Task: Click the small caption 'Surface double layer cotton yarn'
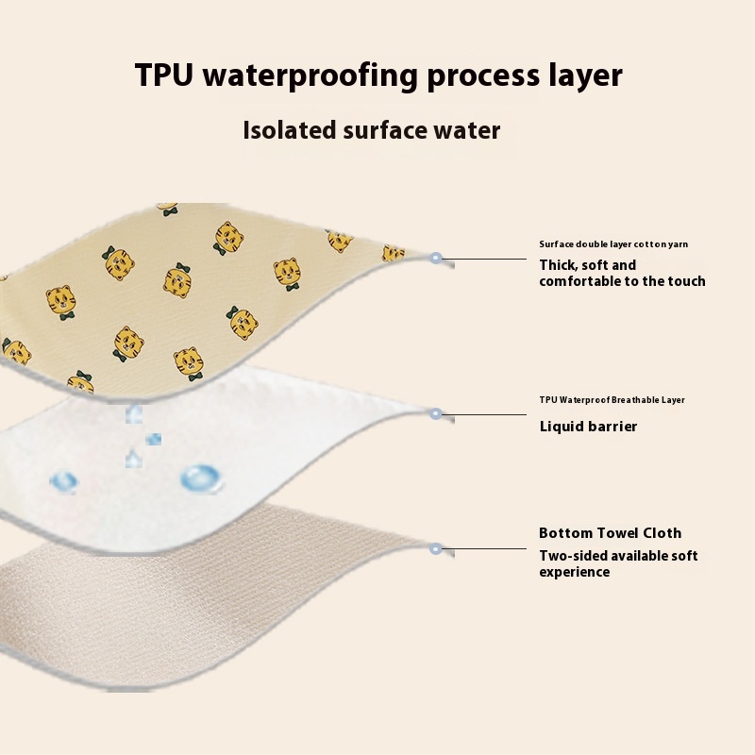tap(613, 244)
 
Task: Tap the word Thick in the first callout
tap(560, 265)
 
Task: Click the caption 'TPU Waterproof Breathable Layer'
tap(612, 400)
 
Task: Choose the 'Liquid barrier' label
tap(588, 427)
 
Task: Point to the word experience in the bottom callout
tap(574, 572)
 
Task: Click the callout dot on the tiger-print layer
tap(436, 258)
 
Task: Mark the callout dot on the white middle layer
tap(436, 413)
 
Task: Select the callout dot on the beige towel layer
tap(436, 548)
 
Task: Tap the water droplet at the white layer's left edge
tap(64, 482)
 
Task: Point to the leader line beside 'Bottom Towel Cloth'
tap(485, 548)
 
